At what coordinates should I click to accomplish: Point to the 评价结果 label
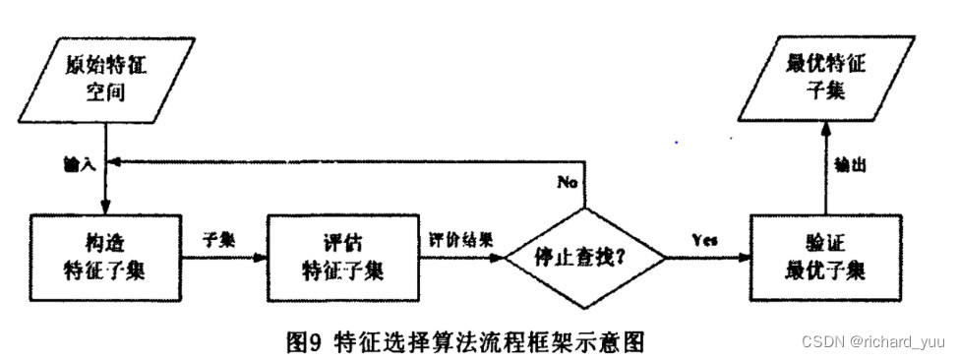pyautogui.click(x=460, y=239)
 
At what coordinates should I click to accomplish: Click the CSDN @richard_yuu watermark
pyautogui.click(x=876, y=342)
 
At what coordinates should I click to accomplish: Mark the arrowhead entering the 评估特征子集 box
pyautogui.click(x=262, y=259)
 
